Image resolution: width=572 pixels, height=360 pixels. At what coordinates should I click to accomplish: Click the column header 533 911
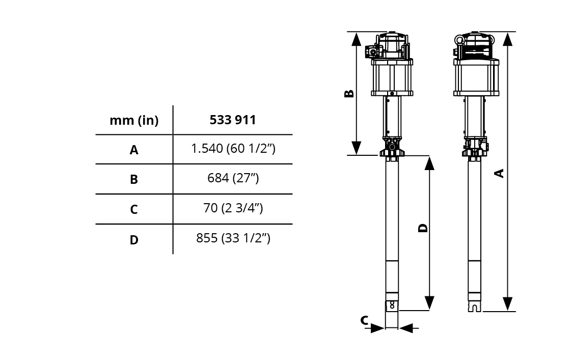[233, 120]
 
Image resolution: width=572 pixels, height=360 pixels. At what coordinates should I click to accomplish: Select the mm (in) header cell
[134, 120]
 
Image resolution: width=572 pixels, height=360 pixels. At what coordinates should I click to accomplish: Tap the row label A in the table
[134, 150]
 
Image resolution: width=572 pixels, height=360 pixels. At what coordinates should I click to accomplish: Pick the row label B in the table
[134, 179]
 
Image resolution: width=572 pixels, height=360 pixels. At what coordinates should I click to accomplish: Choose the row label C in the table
[134, 209]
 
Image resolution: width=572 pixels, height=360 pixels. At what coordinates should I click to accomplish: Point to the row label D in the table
[134, 240]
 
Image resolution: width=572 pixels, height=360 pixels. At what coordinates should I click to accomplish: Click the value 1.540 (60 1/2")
[233, 149]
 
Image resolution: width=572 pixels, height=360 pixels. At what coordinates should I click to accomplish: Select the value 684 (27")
[233, 178]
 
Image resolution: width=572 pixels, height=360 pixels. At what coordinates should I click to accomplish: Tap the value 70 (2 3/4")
[233, 208]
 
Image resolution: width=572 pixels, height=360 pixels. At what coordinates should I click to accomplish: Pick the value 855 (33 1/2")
[233, 238]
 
